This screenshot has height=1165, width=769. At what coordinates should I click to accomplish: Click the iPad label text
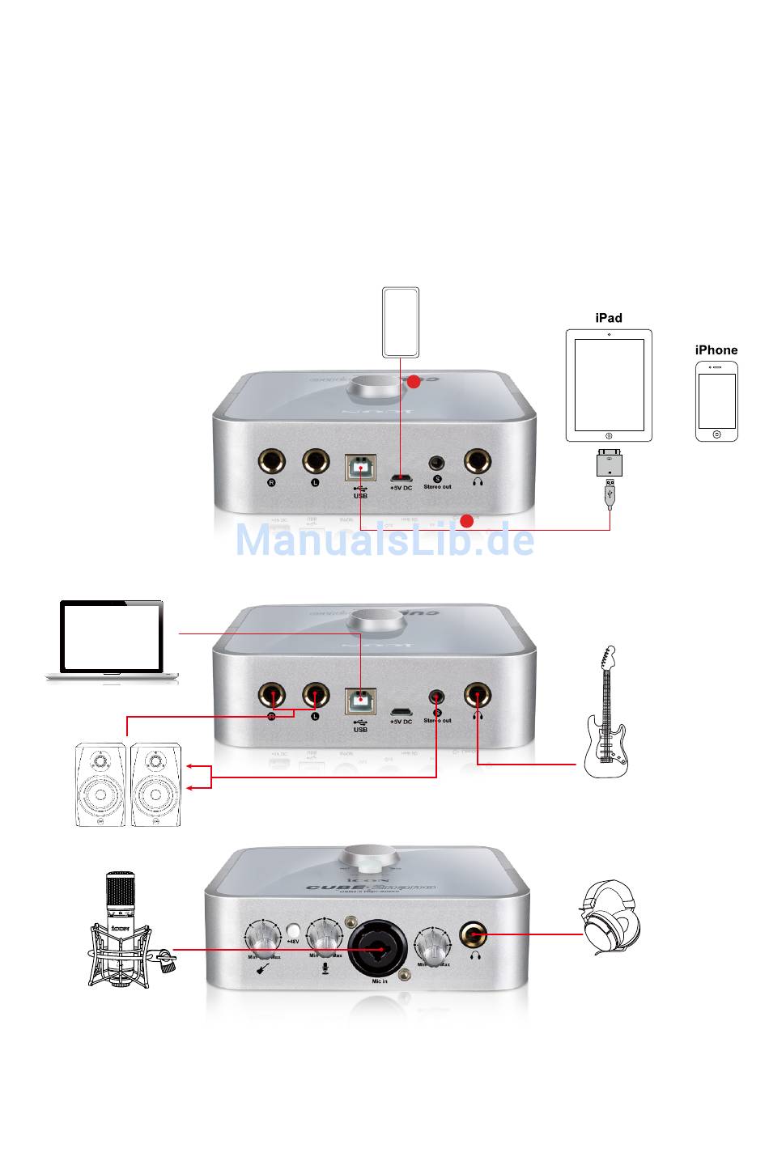[x=609, y=318]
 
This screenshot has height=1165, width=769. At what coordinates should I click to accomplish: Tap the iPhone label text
[x=716, y=349]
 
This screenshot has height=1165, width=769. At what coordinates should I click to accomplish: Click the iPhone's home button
[x=717, y=434]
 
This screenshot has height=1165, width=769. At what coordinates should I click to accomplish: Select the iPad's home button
[x=609, y=435]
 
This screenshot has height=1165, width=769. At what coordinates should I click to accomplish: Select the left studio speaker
[x=100, y=785]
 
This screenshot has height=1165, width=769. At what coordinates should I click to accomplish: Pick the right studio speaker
[x=155, y=785]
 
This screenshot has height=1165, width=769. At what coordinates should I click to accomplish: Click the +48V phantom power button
[x=293, y=930]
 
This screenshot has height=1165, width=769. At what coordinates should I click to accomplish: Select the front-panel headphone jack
[x=473, y=934]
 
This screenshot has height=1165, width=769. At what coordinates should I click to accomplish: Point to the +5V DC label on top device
[x=401, y=488]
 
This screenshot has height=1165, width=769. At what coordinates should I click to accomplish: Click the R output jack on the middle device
[x=272, y=695]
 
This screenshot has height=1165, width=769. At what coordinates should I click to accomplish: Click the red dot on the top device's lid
[x=414, y=382]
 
